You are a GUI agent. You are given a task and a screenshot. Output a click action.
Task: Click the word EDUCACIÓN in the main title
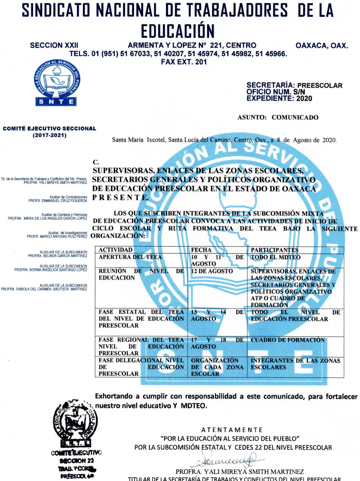[178, 31]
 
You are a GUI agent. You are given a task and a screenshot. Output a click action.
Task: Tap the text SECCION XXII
[54, 45]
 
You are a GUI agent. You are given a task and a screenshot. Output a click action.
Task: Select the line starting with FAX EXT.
[184, 62]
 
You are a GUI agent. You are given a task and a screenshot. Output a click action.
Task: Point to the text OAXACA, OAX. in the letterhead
[322, 45]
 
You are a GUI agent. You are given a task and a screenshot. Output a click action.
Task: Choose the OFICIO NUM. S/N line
[276, 92]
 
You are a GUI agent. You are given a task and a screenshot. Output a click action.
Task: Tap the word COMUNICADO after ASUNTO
[295, 117]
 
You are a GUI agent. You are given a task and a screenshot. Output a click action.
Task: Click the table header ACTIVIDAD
[116, 250]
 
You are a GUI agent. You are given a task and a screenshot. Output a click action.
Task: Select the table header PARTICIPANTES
[274, 250]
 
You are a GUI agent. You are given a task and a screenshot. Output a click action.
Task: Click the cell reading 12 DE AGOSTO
[212, 271]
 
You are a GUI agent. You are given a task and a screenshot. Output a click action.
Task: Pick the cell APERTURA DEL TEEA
[130, 257]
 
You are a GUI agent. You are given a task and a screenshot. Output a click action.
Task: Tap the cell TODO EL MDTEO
[276, 257]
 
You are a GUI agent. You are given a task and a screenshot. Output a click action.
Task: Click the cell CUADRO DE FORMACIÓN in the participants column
[288, 340]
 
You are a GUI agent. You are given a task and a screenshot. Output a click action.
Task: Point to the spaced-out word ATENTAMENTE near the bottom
[232, 430]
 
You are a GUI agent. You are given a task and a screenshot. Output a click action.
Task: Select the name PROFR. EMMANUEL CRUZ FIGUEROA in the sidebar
[58, 201]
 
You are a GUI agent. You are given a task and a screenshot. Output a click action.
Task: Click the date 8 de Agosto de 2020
[306, 140]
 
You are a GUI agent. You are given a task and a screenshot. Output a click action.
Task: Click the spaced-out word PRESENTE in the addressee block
[121, 197]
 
